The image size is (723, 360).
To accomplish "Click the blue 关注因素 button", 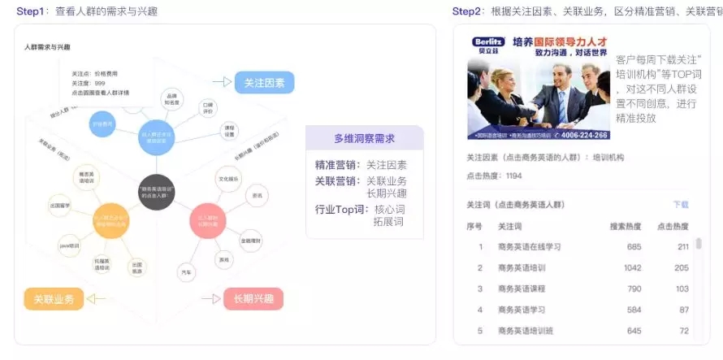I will [264, 82].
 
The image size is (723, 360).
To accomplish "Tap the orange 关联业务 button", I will [54, 299].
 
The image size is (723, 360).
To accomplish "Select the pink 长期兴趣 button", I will [253, 298].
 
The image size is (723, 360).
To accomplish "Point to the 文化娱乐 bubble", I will [229, 178].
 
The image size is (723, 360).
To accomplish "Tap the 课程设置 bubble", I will [230, 131].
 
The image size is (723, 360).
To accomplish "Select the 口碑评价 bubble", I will [207, 107].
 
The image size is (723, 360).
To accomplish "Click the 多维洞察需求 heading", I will [365, 138].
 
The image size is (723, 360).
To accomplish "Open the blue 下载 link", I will [680, 205].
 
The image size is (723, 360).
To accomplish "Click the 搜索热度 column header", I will [626, 226].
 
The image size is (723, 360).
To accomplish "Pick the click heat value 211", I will [682, 246].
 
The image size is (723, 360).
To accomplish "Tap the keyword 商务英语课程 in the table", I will [522, 288].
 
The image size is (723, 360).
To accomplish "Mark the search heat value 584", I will [634, 310].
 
